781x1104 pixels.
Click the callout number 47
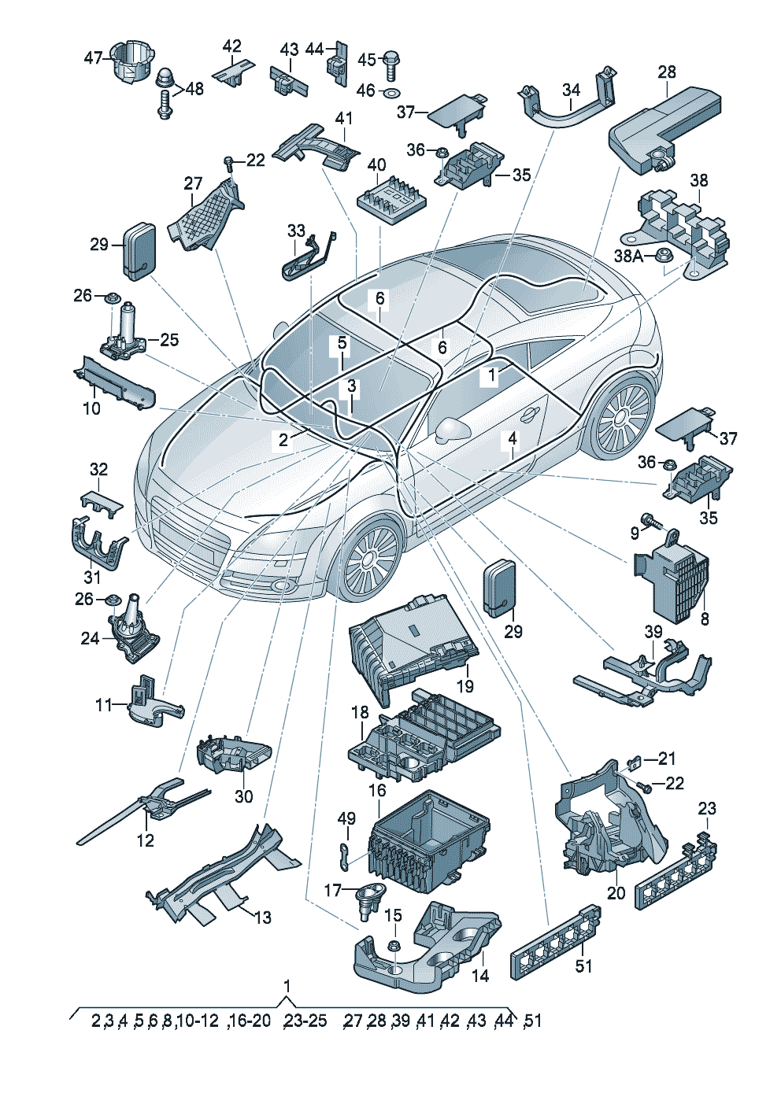point(93,58)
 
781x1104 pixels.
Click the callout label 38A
point(628,256)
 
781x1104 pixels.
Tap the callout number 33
point(295,231)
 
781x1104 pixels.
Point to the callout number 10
point(91,408)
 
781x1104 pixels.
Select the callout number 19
point(465,685)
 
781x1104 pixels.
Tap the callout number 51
point(583,966)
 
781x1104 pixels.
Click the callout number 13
point(262,917)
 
